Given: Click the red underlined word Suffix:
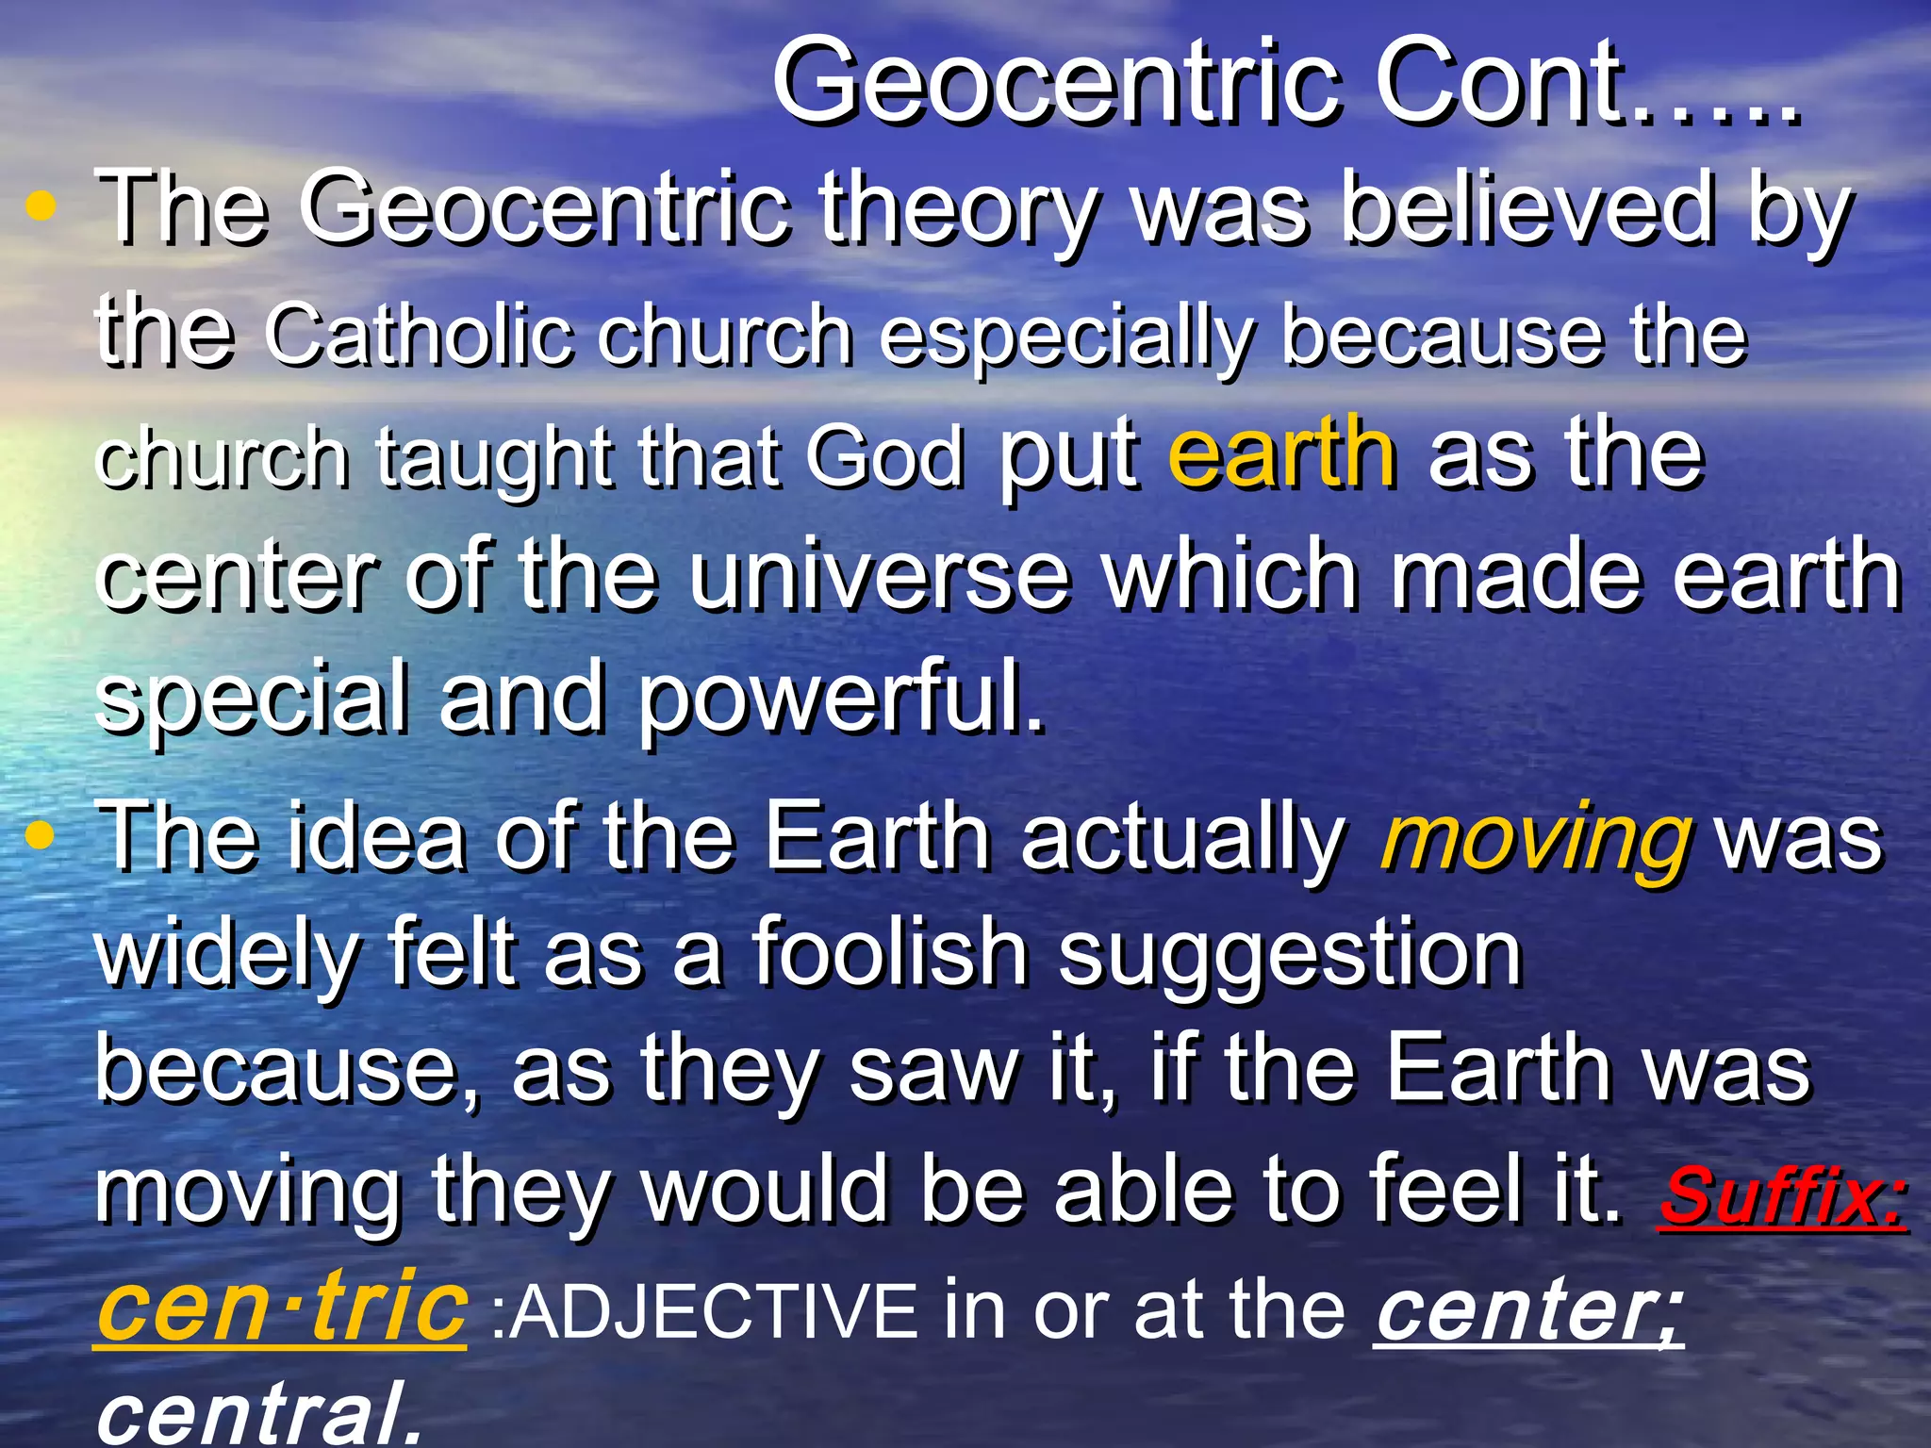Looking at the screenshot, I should (1782, 1195).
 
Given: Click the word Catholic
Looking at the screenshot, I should (419, 335).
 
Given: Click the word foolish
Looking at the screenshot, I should (888, 954).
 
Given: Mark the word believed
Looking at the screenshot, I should (1527, 209).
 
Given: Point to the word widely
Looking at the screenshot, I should (226, 954).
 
